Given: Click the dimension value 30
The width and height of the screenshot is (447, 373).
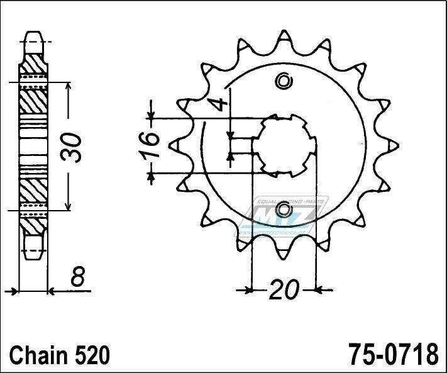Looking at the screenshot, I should pos(76,147).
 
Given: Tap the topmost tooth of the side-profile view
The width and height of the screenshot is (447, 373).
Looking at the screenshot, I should pos(33,39).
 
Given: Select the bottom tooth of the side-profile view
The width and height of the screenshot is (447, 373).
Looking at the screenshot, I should pos(33,252).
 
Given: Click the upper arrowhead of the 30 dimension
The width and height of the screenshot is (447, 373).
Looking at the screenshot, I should pos(69,86).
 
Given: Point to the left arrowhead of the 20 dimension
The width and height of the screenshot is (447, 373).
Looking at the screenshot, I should pos(247,291).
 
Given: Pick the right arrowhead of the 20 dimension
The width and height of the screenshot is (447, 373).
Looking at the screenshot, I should pos(320,291).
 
